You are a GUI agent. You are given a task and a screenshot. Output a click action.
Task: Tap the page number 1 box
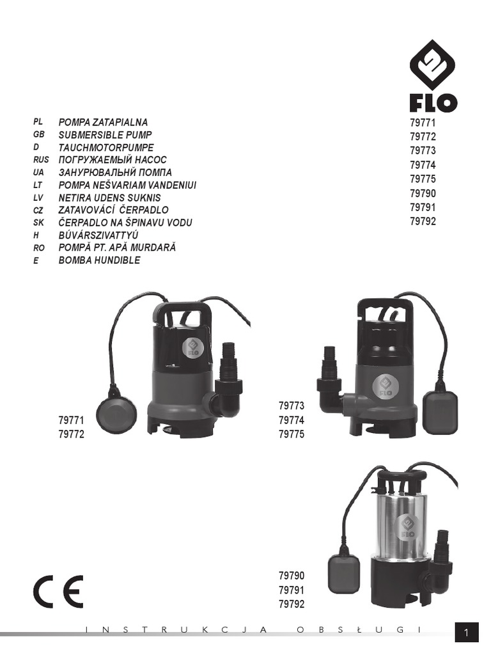(467, 633)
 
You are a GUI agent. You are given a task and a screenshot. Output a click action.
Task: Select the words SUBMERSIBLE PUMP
(105, 135)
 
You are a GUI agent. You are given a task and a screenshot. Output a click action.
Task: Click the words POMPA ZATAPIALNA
(103, 122)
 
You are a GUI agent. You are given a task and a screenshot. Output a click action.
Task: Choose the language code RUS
(40, 160)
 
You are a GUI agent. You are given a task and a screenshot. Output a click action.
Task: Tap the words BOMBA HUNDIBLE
(99, 260)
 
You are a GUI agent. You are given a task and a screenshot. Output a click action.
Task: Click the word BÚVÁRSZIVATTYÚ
(98, 235)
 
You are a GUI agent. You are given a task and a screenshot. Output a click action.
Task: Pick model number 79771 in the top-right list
(423, 123)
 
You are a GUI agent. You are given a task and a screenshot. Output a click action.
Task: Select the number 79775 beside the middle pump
(292, 435)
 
